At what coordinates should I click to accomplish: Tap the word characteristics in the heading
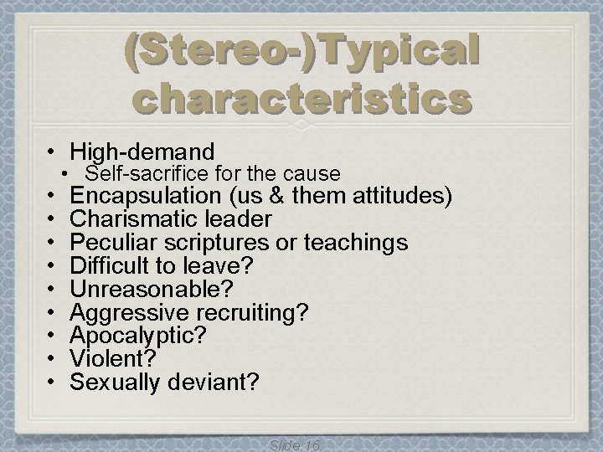pyautogui.click(x=301, y=101)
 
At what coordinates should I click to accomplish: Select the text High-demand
pyautogui.click(x=142, y=152)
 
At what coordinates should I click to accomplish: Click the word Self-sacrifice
pyautogui.click(x=137, y=174)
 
